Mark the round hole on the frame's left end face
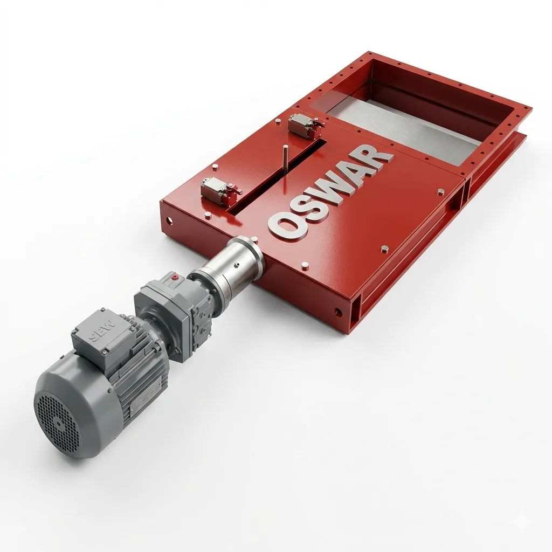(x=170, y=220)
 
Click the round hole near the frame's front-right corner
(x=337, y=312)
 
